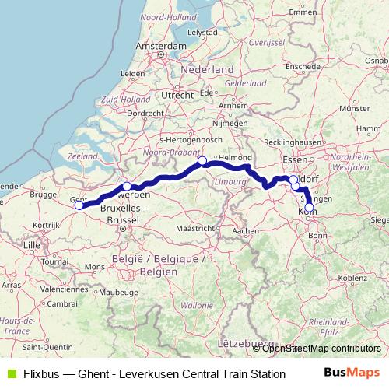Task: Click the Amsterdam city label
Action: coord(160,47)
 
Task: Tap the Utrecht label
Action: coord(178,95)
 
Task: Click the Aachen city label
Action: coord(245,231)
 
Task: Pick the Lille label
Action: coord(32,245)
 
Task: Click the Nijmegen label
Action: coord(230,123)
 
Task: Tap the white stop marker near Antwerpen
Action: coord(127,187)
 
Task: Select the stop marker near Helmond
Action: coord(202,161)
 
